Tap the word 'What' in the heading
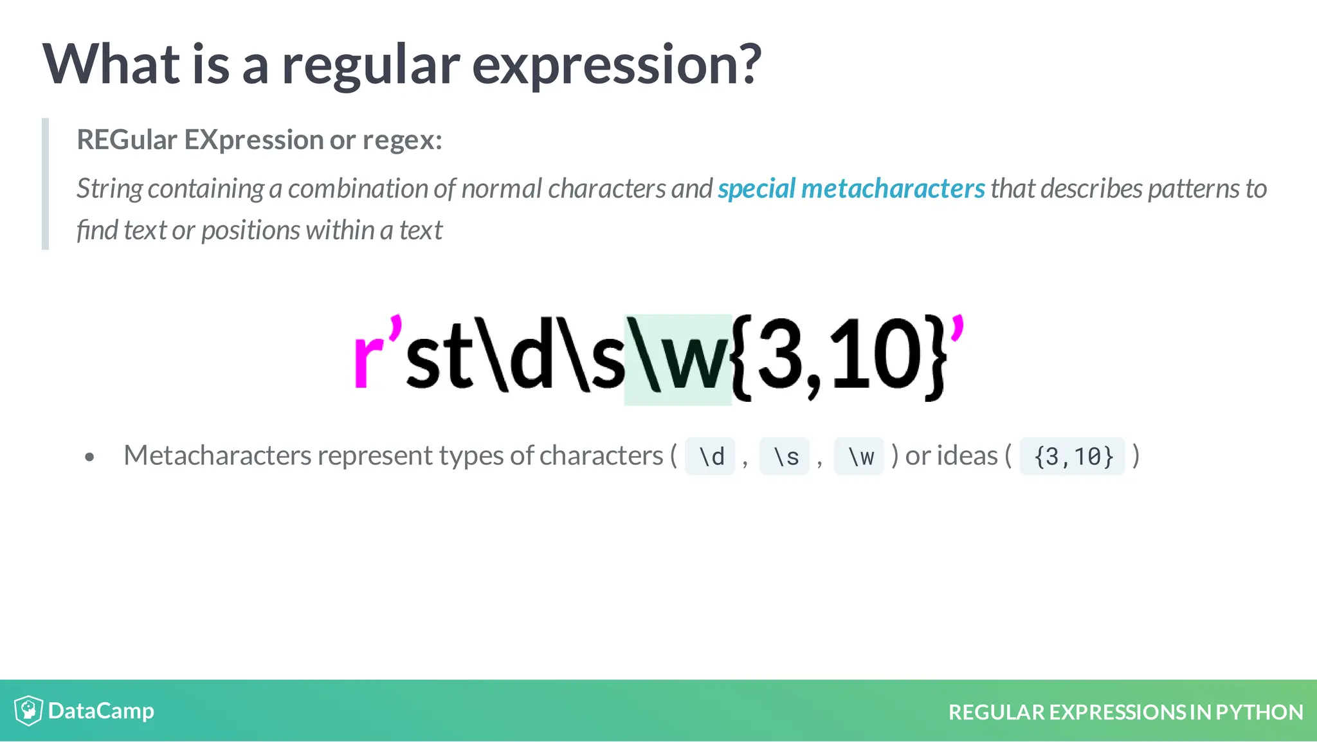111,64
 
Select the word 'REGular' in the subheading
127,140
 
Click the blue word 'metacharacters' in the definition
893,188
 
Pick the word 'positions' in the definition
250,230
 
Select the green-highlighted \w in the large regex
678,359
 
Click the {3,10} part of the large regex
839,357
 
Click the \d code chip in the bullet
711,457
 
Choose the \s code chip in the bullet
785,457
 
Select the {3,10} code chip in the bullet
1073,457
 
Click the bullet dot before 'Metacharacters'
89,457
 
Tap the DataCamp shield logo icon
28,710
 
